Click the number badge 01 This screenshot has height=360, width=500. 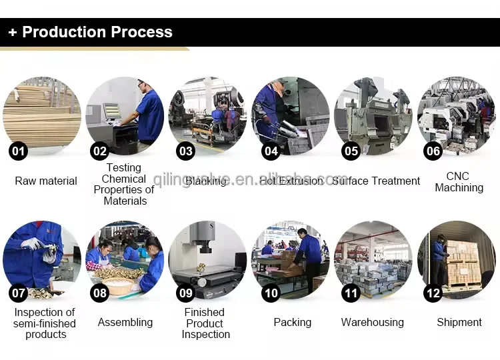click(x=19, y=151)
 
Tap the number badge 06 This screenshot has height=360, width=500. click(x=433, y=151)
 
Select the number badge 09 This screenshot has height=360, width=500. click(x=185, y=293)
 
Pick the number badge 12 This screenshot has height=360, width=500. click(x=433, y=293)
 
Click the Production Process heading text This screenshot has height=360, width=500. click(x=97, y=32)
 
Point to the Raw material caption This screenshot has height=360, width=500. click(x=46, y=181)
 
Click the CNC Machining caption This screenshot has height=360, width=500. click(x=459, y=182)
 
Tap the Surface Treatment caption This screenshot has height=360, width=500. click(x=377, y=181)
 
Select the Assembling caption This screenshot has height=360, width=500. click(x=125, y=322)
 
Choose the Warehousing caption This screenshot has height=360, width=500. click(x=373, y=322)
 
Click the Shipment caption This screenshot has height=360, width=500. click(x=459, y=322)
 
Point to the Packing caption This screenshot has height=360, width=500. click(x=293, y=322)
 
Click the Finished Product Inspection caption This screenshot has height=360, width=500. click(x=205, y=323)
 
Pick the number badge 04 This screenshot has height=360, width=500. click(x=271, y=151)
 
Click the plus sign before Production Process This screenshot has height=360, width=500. click(x=13, y=32)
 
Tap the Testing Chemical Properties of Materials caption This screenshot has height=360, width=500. click(x=124, y=185)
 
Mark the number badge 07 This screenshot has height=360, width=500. click(x=19, y=293)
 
